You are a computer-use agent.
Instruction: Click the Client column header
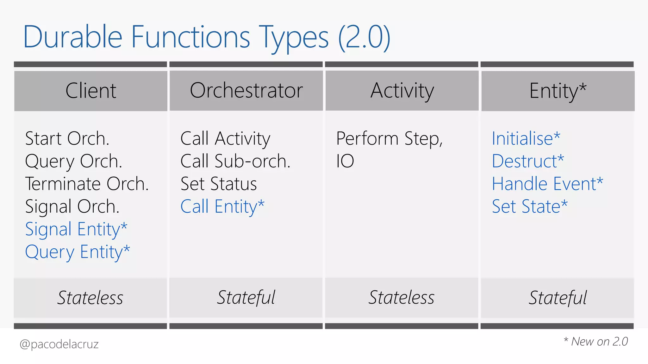pyautogui.click(x=91, y=91)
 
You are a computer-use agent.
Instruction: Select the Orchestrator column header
pyautogui.click(x=246, y=91)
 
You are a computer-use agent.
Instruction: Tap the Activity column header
pyautogui.click(x=402, y=91)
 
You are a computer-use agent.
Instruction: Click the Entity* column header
pyautogui.click(x=558, y=91)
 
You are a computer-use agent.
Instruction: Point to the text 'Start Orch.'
pyautogui.click(x=67, y=138)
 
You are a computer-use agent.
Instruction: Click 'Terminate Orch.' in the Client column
pyautogui.click(x=87, y=184)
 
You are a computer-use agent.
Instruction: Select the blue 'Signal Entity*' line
pyautogui.click(x=76, y=229)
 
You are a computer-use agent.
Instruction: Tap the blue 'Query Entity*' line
pyautogui.click(x=78, y=252)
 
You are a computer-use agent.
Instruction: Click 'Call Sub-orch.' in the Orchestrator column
pyautogui.click(x=235, y=161)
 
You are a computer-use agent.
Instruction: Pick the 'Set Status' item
pyautogui.click(x=219, y=184)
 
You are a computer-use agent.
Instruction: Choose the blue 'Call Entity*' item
pyautogui.click(x=222, y=207)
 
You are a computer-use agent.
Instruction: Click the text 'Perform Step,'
pyautogui.click(x=389, y=138)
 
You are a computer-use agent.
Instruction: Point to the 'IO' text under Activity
pyautogui.click(x=345, y=161)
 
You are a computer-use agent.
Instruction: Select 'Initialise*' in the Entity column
pyautogui.click(x=526, y=138)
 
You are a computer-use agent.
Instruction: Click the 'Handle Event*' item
pyautogui.click(x=548, y=184)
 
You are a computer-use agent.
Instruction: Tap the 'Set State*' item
pyautogui.click(x=530, y=207)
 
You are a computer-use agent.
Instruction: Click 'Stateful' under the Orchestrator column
pyautogui.click(x=246, y=298)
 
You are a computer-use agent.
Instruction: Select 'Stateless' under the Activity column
pyautogui.click(x=402, y=298)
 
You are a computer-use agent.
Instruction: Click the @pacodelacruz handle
pyautogui.click(x=59, y=344)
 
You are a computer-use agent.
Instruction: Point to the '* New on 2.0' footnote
pyautogui.click(x=596, y=342)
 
